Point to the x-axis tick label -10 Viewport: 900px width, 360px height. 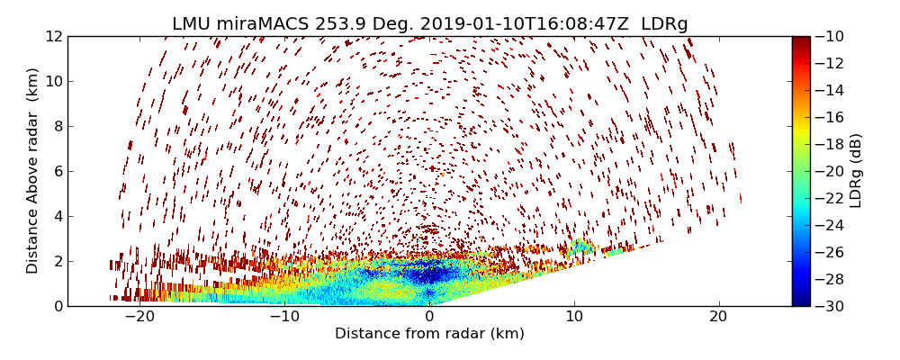284,317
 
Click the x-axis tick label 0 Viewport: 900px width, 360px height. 429,317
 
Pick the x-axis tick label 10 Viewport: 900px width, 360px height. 574,317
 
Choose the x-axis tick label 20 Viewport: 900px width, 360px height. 718,317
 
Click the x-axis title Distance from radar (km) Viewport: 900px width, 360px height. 429,334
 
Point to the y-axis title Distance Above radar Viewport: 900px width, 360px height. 33,171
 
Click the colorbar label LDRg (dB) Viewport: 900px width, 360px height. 856,171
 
